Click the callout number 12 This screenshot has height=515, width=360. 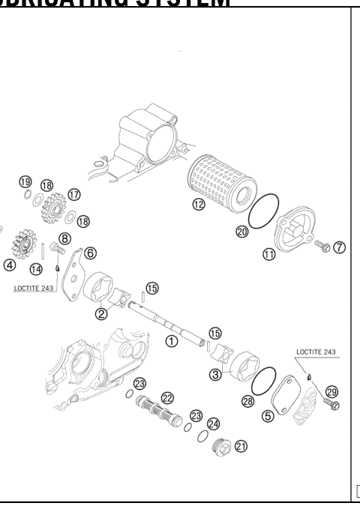[x=198, y=204]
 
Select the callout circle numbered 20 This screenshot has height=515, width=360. [x=242, y=232]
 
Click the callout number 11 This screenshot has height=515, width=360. [x=268, y=255]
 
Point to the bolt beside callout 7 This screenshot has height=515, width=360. [x=321, y=245]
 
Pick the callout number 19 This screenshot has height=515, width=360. [x=25, y=182]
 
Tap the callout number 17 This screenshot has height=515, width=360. [x=73, y=194]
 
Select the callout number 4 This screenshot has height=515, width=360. [x=9, y=265]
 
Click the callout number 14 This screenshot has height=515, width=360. [x=36, y=269]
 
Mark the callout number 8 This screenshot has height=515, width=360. [x=64, y=239]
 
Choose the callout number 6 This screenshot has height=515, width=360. [x=89, y=253]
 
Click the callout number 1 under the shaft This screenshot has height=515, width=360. [x=171, y=340]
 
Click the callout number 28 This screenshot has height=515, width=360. [x=248, y=403]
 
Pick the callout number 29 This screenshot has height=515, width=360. [x=332, y=391]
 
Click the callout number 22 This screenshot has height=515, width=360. [x=167, y=398]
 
